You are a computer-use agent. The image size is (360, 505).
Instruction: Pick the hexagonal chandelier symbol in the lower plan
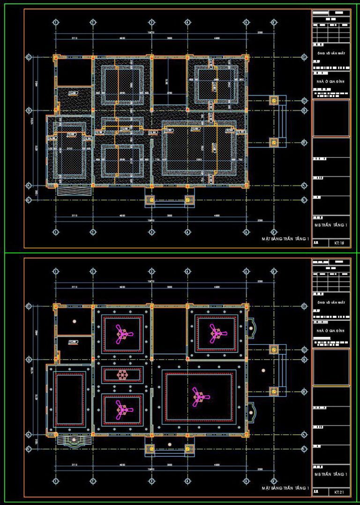point(122,375)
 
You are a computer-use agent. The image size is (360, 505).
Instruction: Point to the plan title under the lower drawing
point(285,488)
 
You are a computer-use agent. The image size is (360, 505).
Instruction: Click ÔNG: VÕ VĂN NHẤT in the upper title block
point(331,53)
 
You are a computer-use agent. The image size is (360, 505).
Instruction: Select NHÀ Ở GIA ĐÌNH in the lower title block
point(331,331)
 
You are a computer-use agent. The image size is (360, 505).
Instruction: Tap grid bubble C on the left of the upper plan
point(29,57)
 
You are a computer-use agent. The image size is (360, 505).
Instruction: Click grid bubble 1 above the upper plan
point(55,22)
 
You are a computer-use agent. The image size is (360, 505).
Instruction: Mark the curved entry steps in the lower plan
point(73,441)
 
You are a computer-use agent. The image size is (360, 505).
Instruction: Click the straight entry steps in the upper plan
point(73,191)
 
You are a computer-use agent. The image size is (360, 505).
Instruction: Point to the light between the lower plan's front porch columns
point(169,444)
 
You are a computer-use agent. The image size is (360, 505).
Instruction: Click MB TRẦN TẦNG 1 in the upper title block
point(331,225)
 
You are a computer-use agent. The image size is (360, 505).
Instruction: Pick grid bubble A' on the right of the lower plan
point(304,449)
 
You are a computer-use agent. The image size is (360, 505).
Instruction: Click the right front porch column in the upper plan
point(188,200)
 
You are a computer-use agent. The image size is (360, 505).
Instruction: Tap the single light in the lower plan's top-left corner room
point(74,321)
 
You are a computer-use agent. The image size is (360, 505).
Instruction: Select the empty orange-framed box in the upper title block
point(331,119)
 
